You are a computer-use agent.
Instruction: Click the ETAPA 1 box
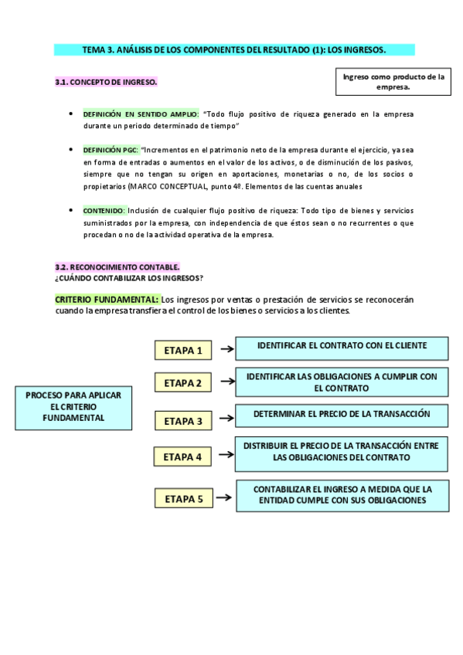(x=182, y=350)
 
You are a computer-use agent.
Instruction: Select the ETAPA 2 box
(x=182, y=382)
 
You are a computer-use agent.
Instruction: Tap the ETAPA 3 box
(x=182, y=421)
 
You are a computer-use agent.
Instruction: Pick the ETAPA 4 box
(x=182, y=456)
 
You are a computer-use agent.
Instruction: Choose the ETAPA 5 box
(x=182, y=499)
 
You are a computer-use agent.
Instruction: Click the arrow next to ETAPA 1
(x=226, y=349)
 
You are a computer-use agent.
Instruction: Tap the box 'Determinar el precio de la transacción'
(x=341, y=415)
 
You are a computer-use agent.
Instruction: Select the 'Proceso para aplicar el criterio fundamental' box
(x=73, y=406)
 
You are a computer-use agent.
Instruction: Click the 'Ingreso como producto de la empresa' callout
(x=393, y=82)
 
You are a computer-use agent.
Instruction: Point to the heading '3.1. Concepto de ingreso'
(x=106, y=82)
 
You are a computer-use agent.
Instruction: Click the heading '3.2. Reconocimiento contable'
(x=117, y=266)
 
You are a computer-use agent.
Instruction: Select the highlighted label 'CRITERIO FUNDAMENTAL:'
(x=107, y=299)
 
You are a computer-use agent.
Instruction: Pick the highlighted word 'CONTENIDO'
(x=104, y=210)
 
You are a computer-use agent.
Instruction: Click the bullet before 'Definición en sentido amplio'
(x=71, y=114)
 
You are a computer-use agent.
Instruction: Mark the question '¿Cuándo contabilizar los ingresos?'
(x=128, y=277)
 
